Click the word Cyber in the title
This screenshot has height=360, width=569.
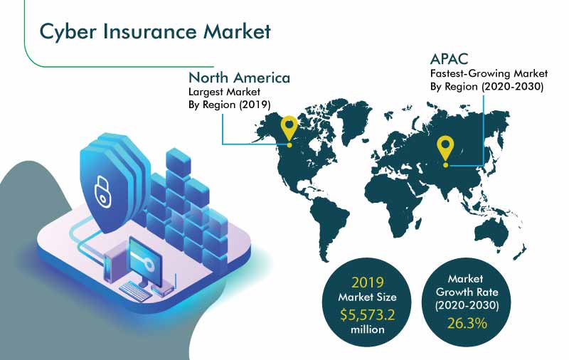click(x=68, y=31)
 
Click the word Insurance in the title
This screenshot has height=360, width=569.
click(x=150, y=31)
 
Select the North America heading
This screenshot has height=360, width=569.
click(x=239, y=78)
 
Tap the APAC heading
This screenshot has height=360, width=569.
click(x=449, y=59)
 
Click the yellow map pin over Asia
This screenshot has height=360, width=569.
click(x=445, y=152)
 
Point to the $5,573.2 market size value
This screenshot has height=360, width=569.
click(x=367, y=314)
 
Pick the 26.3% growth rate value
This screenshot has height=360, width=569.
click(x=467, y=322)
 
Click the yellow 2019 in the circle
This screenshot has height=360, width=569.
click(x=368, y=282)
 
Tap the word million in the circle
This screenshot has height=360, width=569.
click(x=367, y=329)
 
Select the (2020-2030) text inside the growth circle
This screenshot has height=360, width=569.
click(x=467, y=305)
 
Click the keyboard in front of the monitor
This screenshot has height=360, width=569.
click(x=135, y=291)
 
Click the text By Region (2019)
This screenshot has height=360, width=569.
click(x=229, y=105)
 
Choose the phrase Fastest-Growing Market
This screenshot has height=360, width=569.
click(x=489, y=74)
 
